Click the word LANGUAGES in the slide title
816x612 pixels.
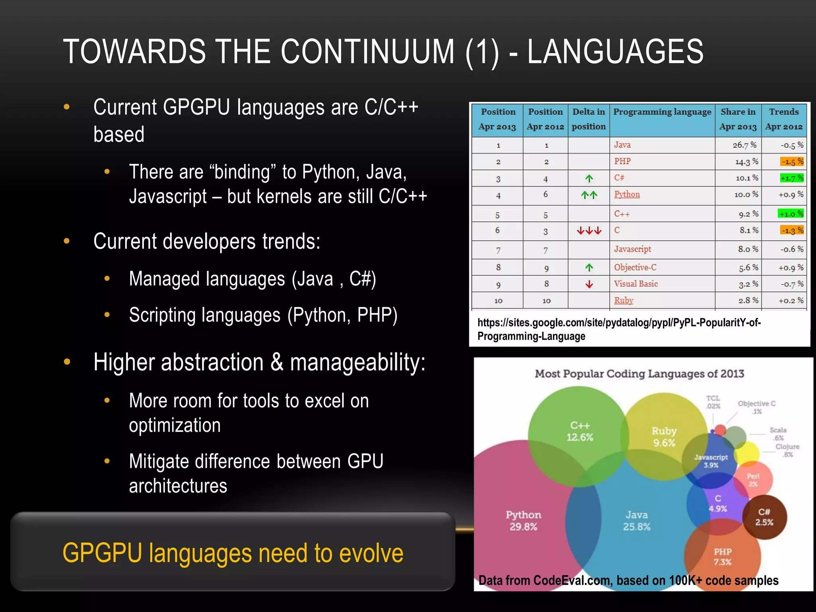click(x=615, y=52)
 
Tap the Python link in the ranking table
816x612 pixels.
click(x=627, y=194)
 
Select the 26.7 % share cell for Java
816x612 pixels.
click(x=744, y=145)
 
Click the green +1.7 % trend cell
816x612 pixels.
click(x=791, y=178)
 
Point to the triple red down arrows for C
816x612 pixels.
click(x=589, y=231)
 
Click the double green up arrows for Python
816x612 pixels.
click(x=589, y=195)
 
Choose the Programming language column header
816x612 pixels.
click(x=662, y=112)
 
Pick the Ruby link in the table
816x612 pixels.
click(x=624, y=300)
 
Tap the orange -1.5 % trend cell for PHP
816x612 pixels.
click(x=791, y=162)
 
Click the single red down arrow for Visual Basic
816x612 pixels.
click(x=589, y=284)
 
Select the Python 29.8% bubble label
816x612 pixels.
click(x=523, y=520)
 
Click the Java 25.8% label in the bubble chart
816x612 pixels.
click(x=636, y=520)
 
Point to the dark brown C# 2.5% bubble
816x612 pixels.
click(x=764, y=517)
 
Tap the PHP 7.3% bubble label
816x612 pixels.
click(x=722, y=557)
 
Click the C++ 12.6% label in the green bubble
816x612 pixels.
click(x=580, y=431)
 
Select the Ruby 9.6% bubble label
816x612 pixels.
click(x=664, y=437)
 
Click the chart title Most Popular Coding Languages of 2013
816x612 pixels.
click(x=639, y=374)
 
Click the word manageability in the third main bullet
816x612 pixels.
click(x=357, y=363)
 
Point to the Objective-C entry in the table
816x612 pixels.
click(x=635, y=267)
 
